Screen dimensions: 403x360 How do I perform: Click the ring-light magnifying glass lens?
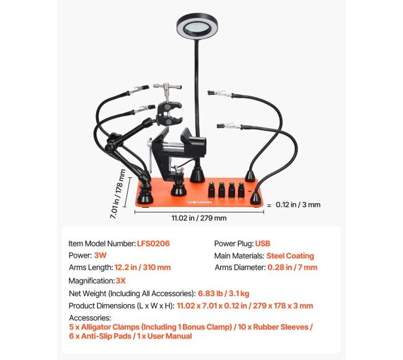point(197,26)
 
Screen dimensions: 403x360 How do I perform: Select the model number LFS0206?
point(153,244)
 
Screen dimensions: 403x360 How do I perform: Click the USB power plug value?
point(262,244)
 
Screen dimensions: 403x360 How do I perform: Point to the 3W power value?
point(100,255)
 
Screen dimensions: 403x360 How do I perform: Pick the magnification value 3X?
point(120,281)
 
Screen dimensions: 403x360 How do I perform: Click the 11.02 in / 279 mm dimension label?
point(199,218)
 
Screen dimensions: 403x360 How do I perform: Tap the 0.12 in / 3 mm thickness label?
point(298,204)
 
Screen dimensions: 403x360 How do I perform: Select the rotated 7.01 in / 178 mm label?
point(118,194)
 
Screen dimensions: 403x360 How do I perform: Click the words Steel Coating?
point(290,256)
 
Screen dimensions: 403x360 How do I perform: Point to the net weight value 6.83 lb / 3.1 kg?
point(224,294)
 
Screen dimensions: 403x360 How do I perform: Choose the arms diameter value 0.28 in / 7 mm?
point(292,267)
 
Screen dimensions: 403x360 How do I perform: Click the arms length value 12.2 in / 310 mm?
point(143,267)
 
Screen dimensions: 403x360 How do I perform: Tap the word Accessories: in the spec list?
point(90,318)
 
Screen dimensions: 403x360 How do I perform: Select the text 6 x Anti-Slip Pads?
point(100,336)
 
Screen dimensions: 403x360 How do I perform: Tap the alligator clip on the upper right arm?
point(220,94)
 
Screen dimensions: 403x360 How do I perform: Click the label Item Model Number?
point(102,244)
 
